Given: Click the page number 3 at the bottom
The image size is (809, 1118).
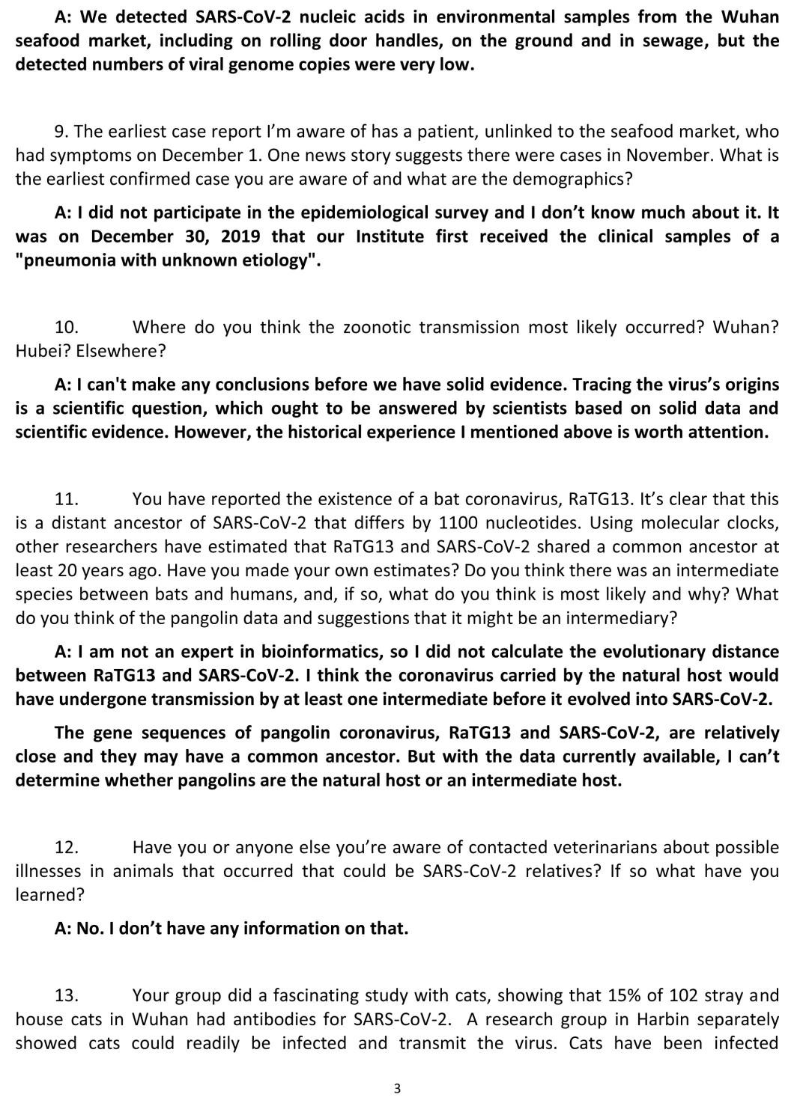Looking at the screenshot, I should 397,1088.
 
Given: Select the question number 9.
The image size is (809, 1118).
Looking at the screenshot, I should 61,132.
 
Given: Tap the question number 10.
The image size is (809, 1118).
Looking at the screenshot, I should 67,327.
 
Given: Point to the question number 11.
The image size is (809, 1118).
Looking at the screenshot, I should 67,499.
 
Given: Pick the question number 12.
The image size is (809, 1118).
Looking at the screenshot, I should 67,847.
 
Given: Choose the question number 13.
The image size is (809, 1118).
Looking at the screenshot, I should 67,995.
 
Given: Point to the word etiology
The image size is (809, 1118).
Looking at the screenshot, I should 273,260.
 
